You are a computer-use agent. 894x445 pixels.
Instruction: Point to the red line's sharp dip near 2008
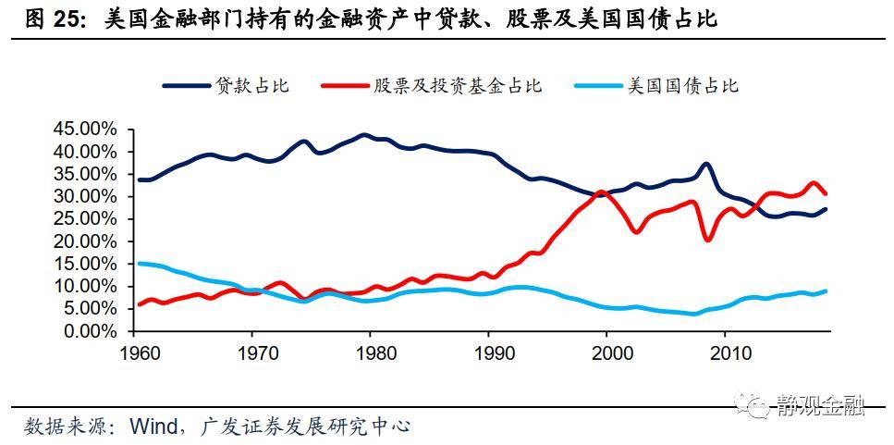click(x=708, y=240)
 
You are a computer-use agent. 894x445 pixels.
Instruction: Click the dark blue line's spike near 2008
click(x=706, y=165)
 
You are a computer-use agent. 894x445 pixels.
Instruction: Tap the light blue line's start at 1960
click(x=140, y=264)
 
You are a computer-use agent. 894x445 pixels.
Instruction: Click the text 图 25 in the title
click(x=50, y=19)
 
